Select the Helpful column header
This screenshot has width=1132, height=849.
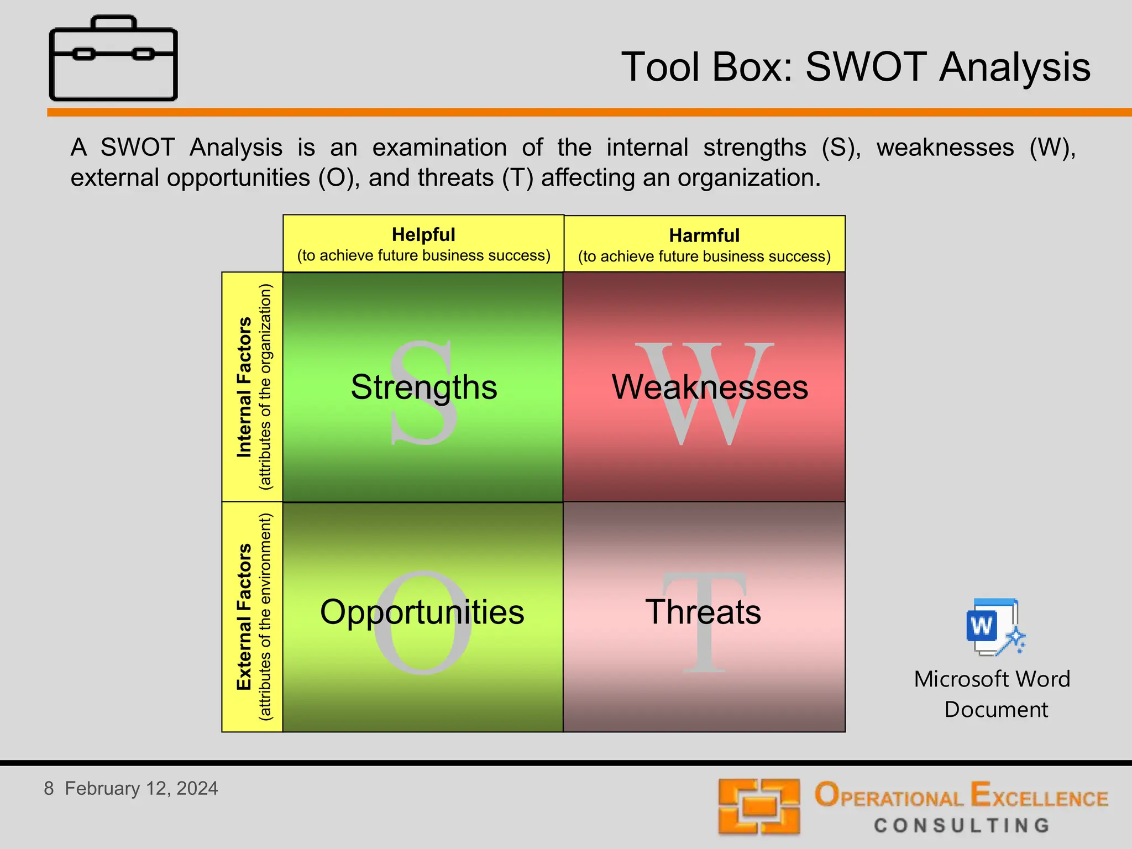[423, 244]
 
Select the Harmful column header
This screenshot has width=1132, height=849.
[704, 245]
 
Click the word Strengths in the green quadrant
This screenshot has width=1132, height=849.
[424, 387]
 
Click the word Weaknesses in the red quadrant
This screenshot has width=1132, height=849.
[710, 387]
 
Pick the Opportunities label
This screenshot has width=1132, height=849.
[422, 612]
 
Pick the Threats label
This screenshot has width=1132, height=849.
[703, 612]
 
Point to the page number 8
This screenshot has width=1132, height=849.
[49, 788]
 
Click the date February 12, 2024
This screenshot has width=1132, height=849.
[141, 788]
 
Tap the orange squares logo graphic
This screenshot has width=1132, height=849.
[759, 806]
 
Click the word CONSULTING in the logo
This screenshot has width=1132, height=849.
[962, 825]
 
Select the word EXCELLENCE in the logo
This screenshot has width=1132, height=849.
[1039, 796]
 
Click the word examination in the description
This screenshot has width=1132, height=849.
[439, 148]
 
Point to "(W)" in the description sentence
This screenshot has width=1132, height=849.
[1052, 148]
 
